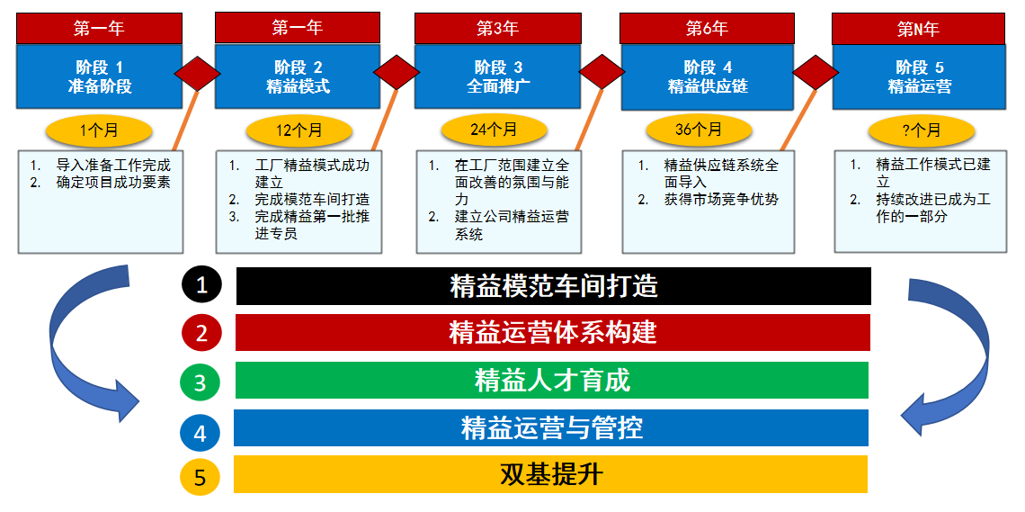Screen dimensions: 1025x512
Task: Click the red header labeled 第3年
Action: (497, 28)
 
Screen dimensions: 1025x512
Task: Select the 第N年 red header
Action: (918, 28)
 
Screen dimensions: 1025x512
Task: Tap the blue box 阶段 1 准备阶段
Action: (100, 76)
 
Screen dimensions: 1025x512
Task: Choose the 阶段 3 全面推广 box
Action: (497, 76)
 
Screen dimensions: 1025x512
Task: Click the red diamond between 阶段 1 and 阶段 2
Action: (197, 73)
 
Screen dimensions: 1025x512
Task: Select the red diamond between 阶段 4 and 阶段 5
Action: (816, 73)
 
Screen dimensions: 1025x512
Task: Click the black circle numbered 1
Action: (202, 286)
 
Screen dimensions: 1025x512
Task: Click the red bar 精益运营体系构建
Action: (552, 333)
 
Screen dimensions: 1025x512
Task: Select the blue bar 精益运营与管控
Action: (551, 427)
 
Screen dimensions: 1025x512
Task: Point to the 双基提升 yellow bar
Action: (550, 474)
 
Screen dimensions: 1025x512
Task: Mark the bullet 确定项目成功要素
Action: (112, 183)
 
